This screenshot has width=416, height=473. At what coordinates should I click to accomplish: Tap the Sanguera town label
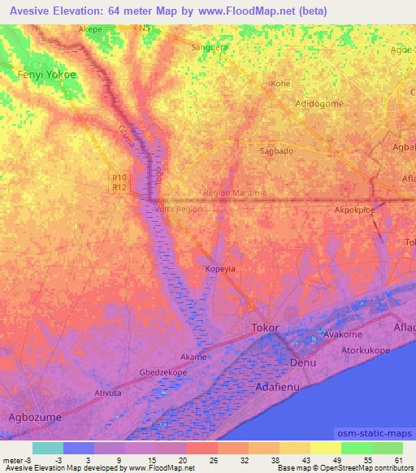(207, 47)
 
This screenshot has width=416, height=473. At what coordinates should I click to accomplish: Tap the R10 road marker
(120, 177)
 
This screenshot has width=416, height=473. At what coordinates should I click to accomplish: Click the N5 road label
(145, 28)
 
